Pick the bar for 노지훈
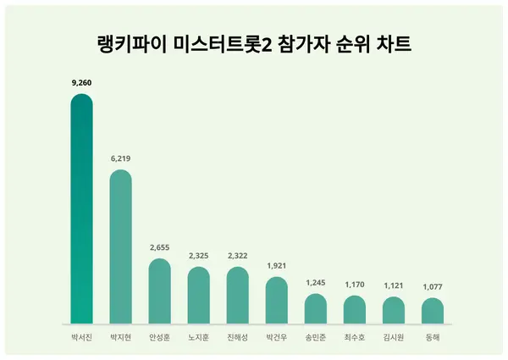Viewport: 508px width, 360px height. [198, 296]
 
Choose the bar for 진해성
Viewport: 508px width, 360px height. [237, 296]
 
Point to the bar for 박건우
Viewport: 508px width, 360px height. [276, 301]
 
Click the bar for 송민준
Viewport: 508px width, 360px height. [315, 309]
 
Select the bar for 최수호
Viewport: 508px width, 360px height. [354, 310]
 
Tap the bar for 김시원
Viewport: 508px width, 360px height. [393, 311]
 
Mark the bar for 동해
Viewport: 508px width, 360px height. [432, 311]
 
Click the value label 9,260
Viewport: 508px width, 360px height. [81, 83]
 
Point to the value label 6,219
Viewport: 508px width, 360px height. [120, 158]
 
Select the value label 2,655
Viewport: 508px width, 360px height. [159, 247]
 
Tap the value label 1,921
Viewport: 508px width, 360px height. [276, 265]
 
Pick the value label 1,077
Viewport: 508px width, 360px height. [432, 286]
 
